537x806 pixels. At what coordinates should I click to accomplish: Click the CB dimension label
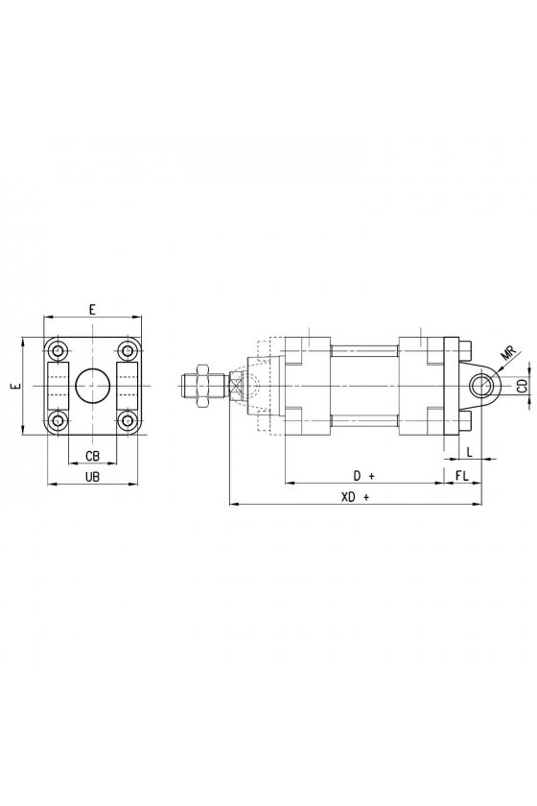coord(92,456)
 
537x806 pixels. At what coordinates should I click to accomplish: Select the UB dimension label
coord(92,477)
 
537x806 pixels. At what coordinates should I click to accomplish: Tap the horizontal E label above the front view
coord(92,309)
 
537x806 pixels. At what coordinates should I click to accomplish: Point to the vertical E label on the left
coord(17,386)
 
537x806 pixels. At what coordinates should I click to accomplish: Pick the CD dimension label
coord(522,386)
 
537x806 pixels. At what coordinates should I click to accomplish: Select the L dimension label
coord(469,451)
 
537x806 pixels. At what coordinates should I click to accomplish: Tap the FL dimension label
coord(462,476)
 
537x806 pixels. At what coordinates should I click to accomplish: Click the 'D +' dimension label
coord(363,476)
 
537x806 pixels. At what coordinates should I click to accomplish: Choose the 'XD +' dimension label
coord(355,497)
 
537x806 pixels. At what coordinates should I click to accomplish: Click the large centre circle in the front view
coord(93,386)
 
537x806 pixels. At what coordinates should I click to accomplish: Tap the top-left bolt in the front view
coord(59,351)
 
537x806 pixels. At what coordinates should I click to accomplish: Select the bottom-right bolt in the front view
coord(127,420)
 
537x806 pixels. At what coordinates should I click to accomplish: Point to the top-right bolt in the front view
coord(127,351)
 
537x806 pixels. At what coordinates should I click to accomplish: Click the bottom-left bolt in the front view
coord(59,420)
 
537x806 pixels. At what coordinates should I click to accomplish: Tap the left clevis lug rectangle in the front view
coord(58,386)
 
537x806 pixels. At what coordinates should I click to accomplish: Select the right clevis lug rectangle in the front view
coord(127,386)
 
